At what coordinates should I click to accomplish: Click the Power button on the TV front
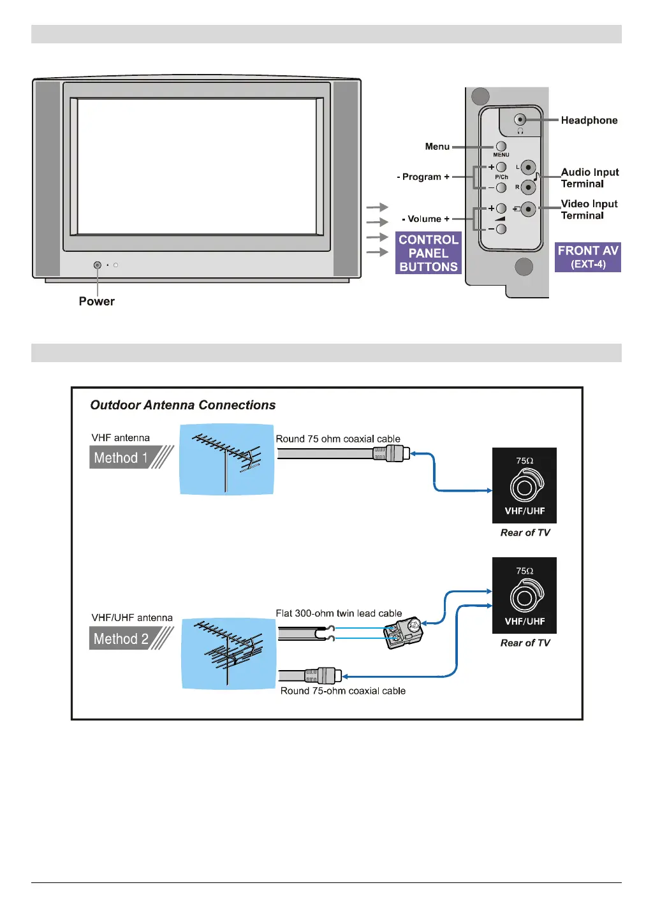pos(98,265)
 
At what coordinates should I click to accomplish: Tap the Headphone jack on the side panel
pos(520,120)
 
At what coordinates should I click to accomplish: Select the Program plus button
pos(501,167)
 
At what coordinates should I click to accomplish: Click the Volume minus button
pos(501,229)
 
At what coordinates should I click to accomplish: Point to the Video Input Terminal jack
pos(528,209)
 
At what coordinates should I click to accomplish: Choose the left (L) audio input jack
pos(528,168)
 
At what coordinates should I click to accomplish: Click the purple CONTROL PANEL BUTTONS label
pos(429,253)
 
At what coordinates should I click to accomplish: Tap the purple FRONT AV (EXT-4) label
pos(588,257)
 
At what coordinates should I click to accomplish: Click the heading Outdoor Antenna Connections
pos(183,405)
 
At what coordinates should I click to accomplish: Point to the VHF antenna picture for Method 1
pos(226,460)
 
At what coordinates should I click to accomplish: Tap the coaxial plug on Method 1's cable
pos(391,453)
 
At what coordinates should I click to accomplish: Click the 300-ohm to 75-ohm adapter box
pos(404,632)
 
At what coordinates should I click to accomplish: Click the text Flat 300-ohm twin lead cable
pos(339,613)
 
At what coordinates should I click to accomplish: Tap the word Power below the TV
pos(97,302)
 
